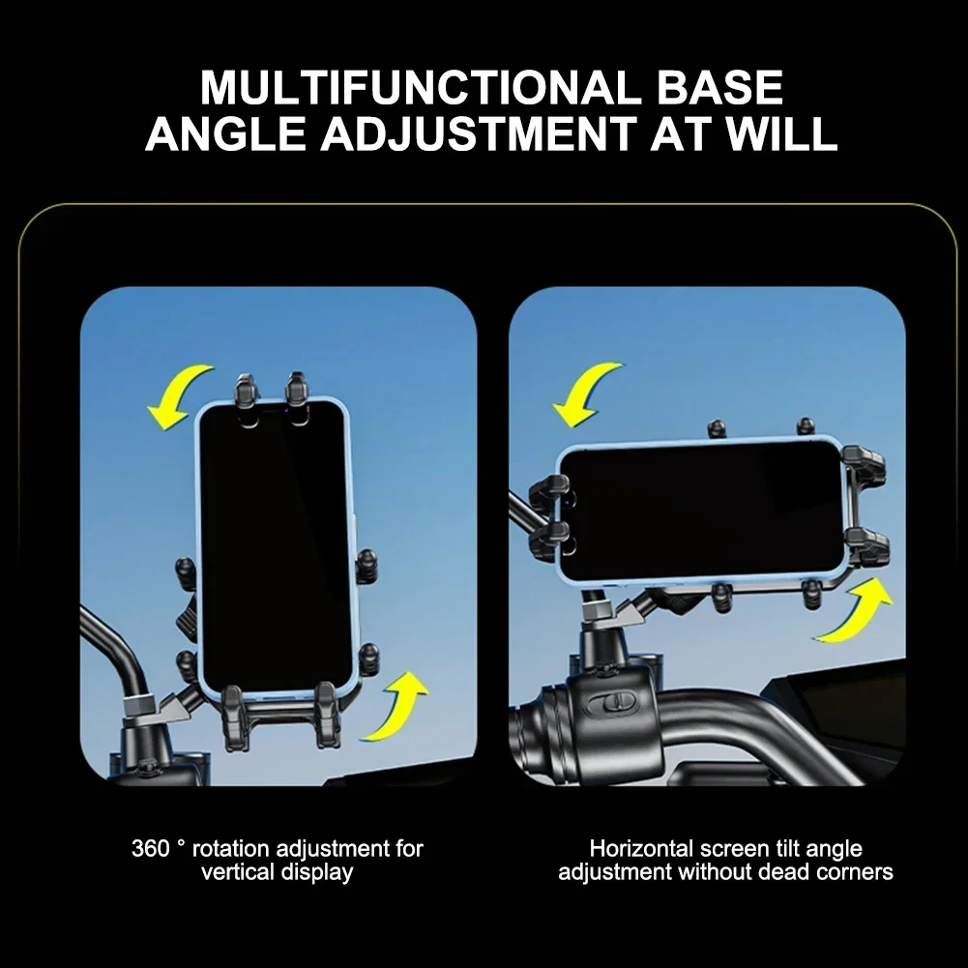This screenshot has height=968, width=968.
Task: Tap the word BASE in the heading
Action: pyautogui.click(x=719, y=88)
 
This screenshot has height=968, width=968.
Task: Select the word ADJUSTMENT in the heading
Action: pyautogui.click(x=479, y=133)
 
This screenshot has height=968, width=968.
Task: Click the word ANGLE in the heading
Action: pyautogui.click(x=226, y=133)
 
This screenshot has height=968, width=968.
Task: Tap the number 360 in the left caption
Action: pyautogui.click(x=150, y=848)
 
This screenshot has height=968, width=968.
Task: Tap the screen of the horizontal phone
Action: pyautogui.click(x=702, y=511)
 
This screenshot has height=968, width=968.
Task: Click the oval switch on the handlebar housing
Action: pyautogui.click(x=610, y=702)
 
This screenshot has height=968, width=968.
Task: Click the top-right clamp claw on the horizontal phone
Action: pyautogui.click(x=864, y=463)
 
